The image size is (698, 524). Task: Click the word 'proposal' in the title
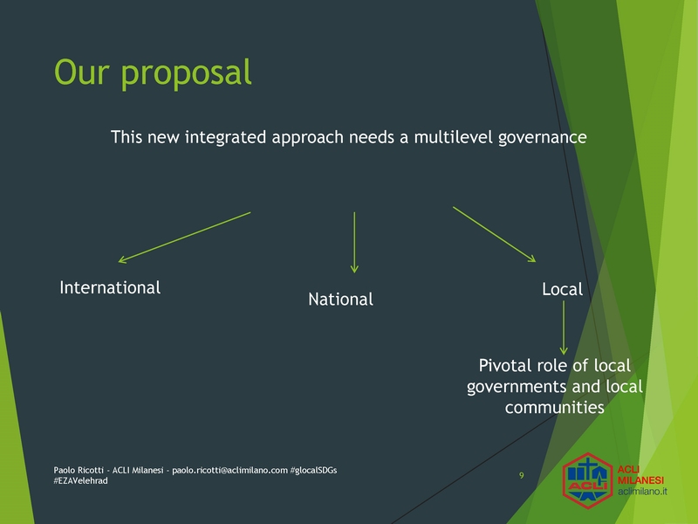[186, 73]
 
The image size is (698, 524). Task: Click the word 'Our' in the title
[81, 72]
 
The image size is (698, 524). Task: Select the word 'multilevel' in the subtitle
[454, 137]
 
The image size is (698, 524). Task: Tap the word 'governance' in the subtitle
[542, 138]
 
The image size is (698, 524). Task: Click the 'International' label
[110, 287]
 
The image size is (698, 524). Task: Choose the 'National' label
[340, 299]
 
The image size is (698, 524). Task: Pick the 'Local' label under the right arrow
[562, 289]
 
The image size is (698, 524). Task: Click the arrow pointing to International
[184, 238]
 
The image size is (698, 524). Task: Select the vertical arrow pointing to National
[354, 242]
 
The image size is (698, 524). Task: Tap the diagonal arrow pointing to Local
[494, 234]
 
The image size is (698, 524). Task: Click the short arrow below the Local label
[564, 327]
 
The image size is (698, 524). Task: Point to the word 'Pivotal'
[505, 365]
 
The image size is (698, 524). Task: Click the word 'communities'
[555, 407]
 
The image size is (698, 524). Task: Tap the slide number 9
[521, 475]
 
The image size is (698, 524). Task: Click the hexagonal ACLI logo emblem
[587, 481]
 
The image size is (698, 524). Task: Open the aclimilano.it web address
[642, 492]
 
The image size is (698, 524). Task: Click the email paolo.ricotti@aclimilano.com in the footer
[229, 470]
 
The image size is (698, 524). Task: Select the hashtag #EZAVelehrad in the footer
[80, 481]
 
